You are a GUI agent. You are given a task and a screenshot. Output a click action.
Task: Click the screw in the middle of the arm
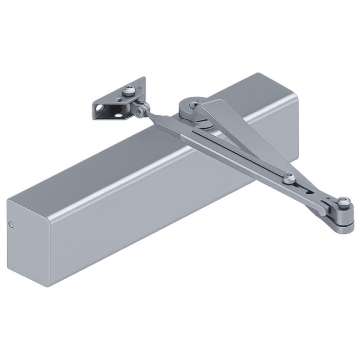291,178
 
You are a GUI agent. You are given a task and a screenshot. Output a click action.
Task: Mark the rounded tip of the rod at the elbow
321,211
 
